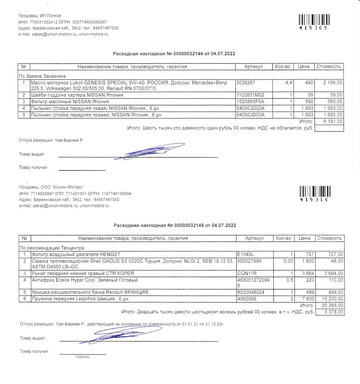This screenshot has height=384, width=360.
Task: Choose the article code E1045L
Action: coord(246,254)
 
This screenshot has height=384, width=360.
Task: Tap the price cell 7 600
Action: coord(307,299)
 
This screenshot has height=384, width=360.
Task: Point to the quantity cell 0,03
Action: coord(287,261)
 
